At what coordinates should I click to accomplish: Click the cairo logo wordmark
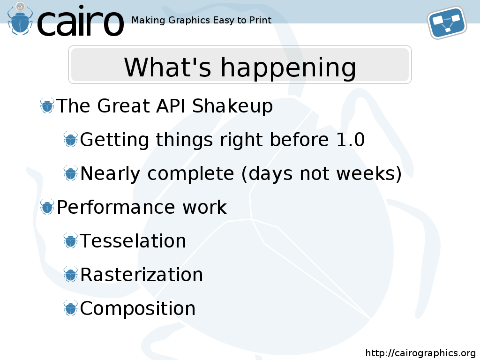[80, 21]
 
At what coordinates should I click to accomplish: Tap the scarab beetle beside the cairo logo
[20, 19]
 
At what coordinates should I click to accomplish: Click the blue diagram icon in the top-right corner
[447, 22]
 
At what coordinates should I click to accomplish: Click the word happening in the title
[288, 68]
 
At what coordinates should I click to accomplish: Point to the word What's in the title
[167, 67]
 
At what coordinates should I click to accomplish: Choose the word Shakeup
[232, 106]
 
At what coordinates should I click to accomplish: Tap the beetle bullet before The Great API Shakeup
[47, 106]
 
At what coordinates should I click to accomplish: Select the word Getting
[115, 140]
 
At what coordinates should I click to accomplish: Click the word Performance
[116, 207]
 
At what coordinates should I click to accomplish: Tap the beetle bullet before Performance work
[47, 207]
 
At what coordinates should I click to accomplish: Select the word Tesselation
[133, 241]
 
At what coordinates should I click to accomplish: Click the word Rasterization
[142, 275]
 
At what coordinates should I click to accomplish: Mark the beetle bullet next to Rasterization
[71, 274]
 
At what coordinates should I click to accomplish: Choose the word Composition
[138, 308]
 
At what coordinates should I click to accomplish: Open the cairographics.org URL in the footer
[420, 353]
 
